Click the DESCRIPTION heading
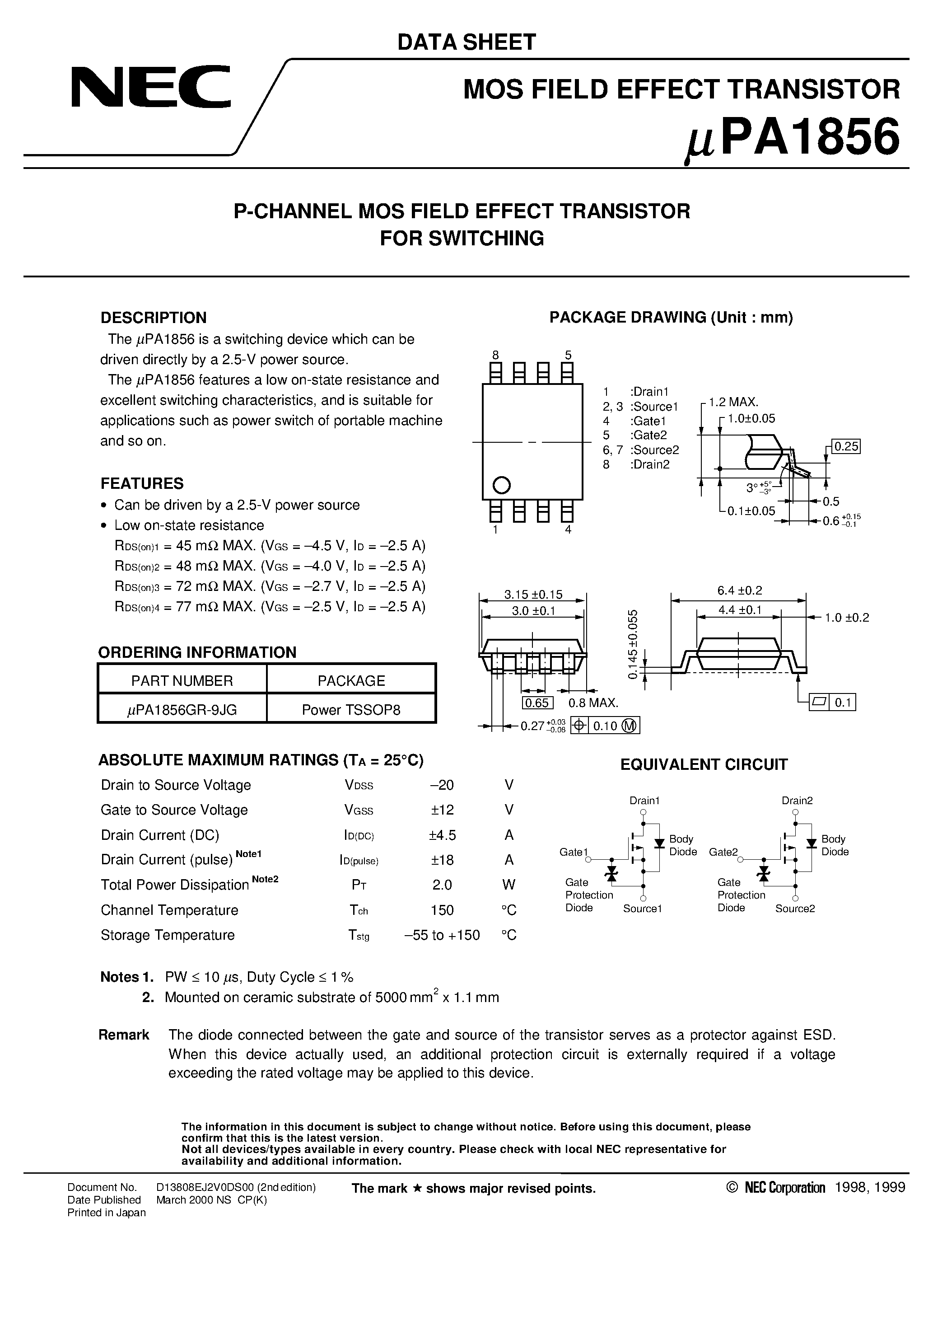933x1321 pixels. [x=153, y=318]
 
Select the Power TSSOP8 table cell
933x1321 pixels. [x=351, y=709]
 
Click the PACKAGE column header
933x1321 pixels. [x=351, y=681]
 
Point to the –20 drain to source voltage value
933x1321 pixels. [x=442, y=785]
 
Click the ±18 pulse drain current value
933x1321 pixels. [x=442, y=860]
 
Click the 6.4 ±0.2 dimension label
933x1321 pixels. [x=739, y=590]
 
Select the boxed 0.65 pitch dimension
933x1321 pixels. [x=537, y=703]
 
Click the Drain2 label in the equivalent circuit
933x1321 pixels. [x=797, y=800]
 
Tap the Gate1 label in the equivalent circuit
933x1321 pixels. [x=574, y=852]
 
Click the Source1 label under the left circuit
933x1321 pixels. [x=643, y=909]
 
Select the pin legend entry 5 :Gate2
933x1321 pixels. [x=635, y=435]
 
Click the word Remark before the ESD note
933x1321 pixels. [x=124, y=1035]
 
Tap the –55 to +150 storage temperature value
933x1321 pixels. [x=442, y=935]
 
